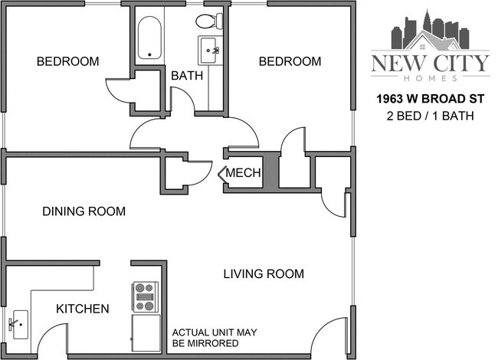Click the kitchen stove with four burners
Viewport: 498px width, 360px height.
tap(146, 296)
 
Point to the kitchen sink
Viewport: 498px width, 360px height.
tap(17, 325)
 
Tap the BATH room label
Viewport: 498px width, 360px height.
tap(186, 76)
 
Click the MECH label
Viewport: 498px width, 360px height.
tap(244, 174)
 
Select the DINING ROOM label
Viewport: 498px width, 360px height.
tap(84, 211)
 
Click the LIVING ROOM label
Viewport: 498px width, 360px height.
tap(264, 273)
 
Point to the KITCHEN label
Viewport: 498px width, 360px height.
tap(82, 309)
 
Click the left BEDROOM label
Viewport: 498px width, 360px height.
tap(68, 61)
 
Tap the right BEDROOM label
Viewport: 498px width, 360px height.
tap(289, 61)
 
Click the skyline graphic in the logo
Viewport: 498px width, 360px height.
tap(429, 31)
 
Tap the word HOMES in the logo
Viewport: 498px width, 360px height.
tap(429, 78)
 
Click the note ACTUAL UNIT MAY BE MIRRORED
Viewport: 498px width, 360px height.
tap(214, 338)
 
